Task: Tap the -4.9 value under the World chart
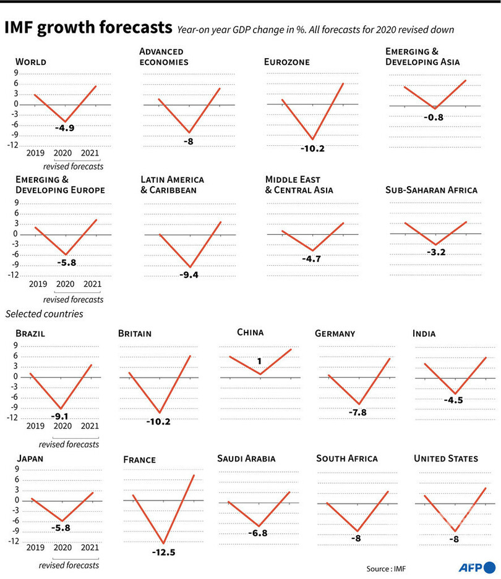point(64,128)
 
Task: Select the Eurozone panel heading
point(286,62)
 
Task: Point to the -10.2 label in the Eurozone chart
point(313,148)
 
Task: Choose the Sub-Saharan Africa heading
point(431,190)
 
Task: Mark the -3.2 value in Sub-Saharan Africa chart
point(435,253)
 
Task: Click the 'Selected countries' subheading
point(44,314)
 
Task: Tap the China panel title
point(250,332)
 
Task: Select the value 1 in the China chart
point(260,361)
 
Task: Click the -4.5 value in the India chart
point(453,400)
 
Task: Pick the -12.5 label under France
point(163,552)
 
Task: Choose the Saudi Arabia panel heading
point(246,459)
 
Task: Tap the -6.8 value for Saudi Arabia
point(259,533)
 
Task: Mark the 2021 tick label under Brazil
point(90,427)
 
